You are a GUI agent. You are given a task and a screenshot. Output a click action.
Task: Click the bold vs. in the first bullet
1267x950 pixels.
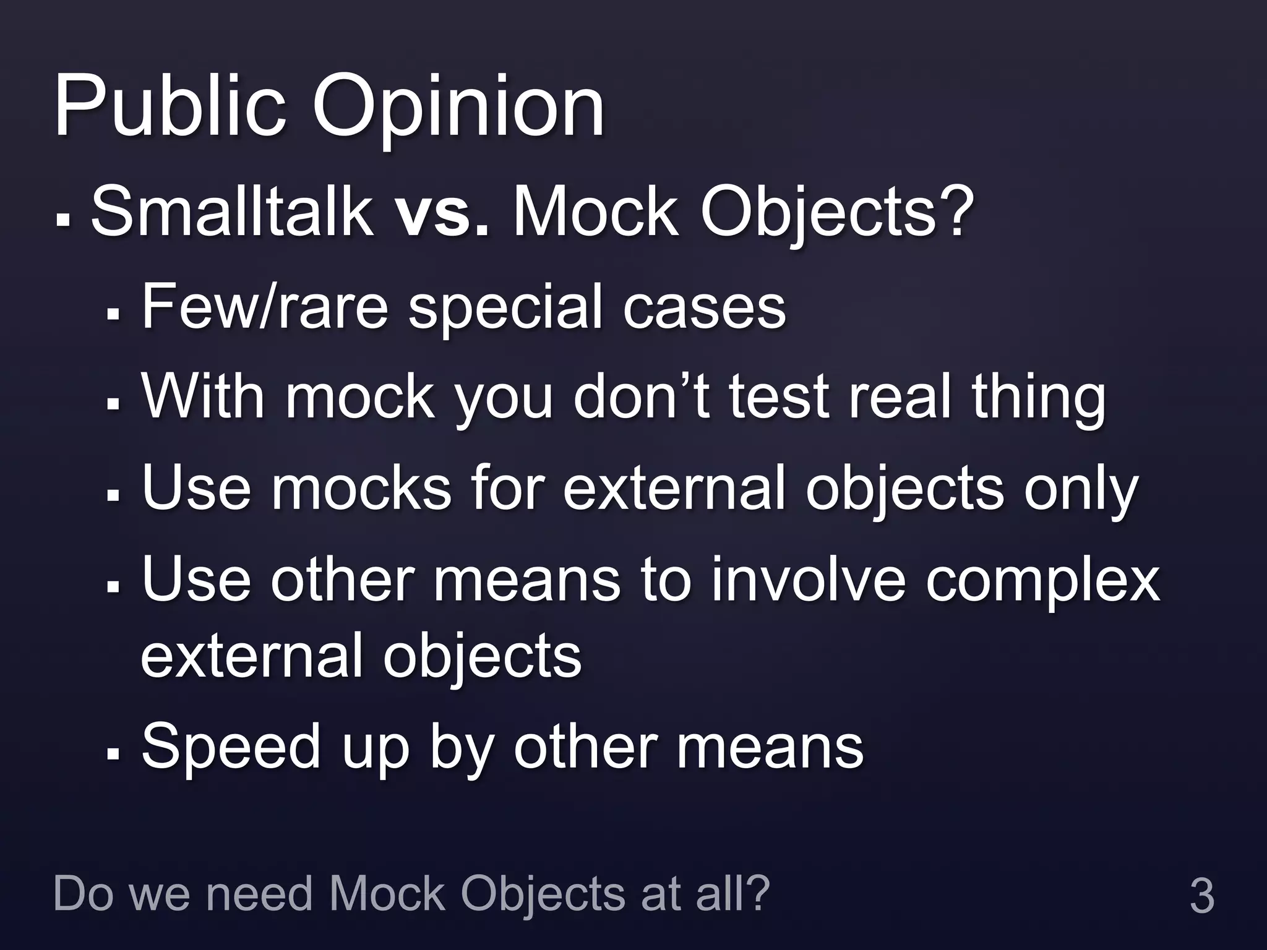pos(443,213)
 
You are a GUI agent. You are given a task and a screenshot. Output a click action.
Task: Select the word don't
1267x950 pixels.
pos(643,396)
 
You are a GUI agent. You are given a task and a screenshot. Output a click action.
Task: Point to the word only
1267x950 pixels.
pos(1080,490)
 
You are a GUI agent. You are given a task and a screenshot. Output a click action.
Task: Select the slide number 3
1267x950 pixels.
pos(1201,896)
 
